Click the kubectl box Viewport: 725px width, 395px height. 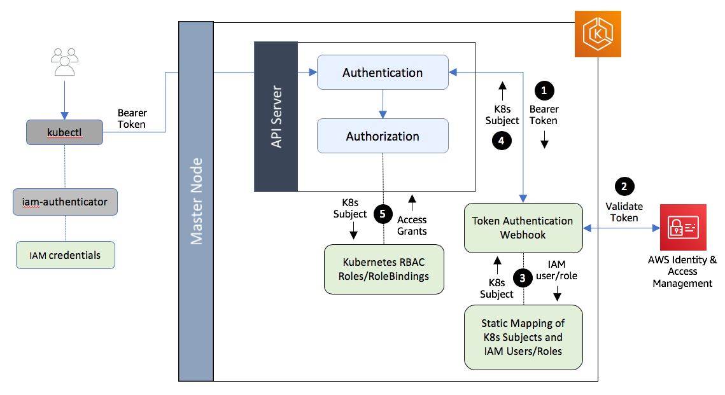pyautogui.click(x=64, y=132)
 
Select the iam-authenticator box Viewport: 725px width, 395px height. pyautogui.click(x=65, y=202)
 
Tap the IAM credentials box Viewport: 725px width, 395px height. pyautogui.click(x=65, y=255)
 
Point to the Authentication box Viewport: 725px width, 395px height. pyautogui.click(x=383, y=73)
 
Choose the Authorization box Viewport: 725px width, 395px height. pyautogui.click(x=383, y=136)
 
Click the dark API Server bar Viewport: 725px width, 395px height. pyautogui.click(x=276, y=117)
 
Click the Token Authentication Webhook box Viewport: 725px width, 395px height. pyautogui.click(x=523, y=228)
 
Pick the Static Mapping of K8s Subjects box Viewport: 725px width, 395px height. pyautogui.click(x=523, y=337)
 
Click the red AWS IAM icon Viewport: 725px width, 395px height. pyautogui.click(x=682, y=228)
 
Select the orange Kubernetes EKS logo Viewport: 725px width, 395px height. pyautogui.click(x=597, y=34)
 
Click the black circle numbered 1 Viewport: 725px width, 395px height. pyautogui.click(x=543, y=91)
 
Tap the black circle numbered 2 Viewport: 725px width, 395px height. pyautogui.click(x=624, y=186)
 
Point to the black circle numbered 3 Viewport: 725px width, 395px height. pyautogui.click(x=523, y=277)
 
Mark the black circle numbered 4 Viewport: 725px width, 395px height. pyautogui.click(x=502, y=141)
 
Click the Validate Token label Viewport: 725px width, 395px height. pyautogui.click(x=624, y=212)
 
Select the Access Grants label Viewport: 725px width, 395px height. pyautogui.click(x=412, y=225)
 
